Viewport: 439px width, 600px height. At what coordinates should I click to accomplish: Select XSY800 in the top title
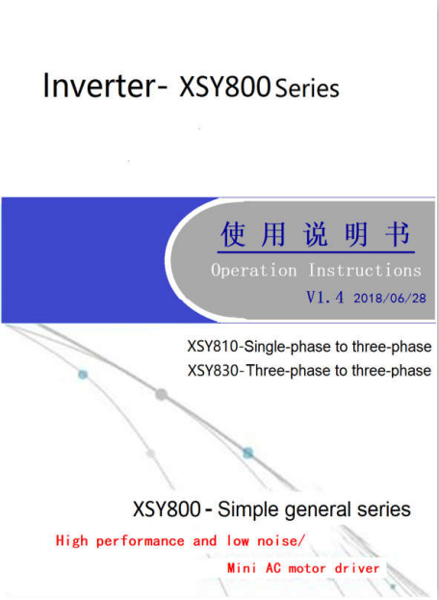coord(225,87)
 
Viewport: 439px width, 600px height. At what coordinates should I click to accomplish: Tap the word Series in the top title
coord(307,89)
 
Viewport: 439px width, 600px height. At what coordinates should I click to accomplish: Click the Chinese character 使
coord(233,233)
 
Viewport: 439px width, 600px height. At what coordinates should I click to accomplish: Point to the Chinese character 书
coord(398,233)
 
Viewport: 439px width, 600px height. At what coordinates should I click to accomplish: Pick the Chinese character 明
coord(356,233)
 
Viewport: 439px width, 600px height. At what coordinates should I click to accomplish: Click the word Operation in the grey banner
coord(254,271)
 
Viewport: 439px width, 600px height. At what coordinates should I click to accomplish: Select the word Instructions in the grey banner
coord(365,270)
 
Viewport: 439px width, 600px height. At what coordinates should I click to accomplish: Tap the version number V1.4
coord(324,298)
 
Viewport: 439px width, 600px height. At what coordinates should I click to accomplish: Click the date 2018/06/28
coord(390,299)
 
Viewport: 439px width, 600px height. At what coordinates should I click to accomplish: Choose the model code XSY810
coord(214,347)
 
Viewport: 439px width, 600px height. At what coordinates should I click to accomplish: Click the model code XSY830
coord(214,371)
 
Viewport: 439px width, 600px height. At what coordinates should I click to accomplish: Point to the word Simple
coord(248,509)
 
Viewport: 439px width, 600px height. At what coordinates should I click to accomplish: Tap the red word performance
coord(140,541)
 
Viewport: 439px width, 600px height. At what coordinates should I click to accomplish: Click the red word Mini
coord(242,568)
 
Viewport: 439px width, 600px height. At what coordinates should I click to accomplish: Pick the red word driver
coord(357,568)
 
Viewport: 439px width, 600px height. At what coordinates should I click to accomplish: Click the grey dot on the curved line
coord(161,394)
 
